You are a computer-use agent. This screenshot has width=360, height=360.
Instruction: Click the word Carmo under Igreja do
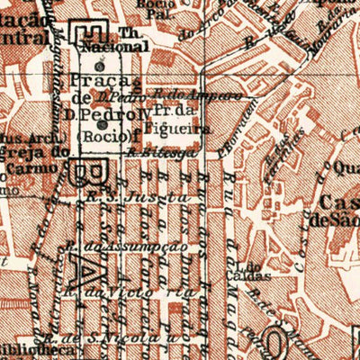(x=18, y=163)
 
